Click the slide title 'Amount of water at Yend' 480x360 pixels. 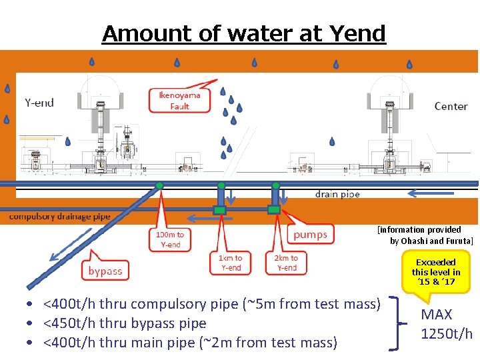(243, 33)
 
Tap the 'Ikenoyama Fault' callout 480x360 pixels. (179, 101)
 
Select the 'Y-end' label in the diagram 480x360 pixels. (39, 103)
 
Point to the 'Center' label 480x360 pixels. (451, 106)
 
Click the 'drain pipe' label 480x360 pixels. (337, 194)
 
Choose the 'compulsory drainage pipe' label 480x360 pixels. (60, 216)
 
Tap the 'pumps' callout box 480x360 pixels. (310, 234)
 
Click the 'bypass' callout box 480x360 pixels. (105, 271)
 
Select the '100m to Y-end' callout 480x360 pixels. (170, 239)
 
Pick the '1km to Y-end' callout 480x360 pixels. (231, 263)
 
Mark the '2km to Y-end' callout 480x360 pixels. (286, 263)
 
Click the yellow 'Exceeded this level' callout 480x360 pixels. (436, 272)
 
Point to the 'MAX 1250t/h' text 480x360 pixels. (447, 324)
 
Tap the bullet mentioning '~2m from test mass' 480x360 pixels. (189, 343)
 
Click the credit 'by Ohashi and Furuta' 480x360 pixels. (431, 241)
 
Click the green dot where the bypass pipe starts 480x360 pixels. (159, 186)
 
